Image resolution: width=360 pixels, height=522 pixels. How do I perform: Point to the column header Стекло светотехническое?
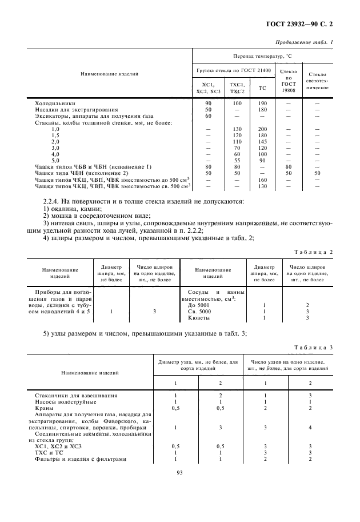(x=317, y=82)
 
